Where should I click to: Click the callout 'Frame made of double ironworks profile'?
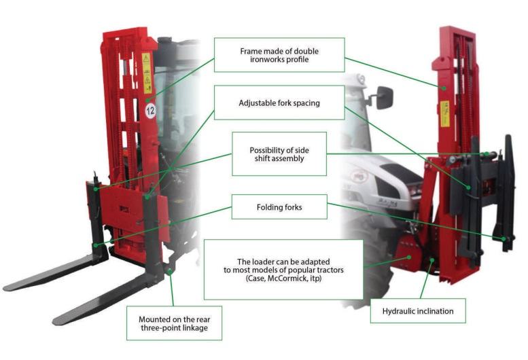(x=279, y=56)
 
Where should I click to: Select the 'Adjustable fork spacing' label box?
(x=279, y=103)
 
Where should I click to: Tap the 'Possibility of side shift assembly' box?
(x=279, y=154)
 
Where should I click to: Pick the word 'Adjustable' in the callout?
(x=256, y=103)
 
